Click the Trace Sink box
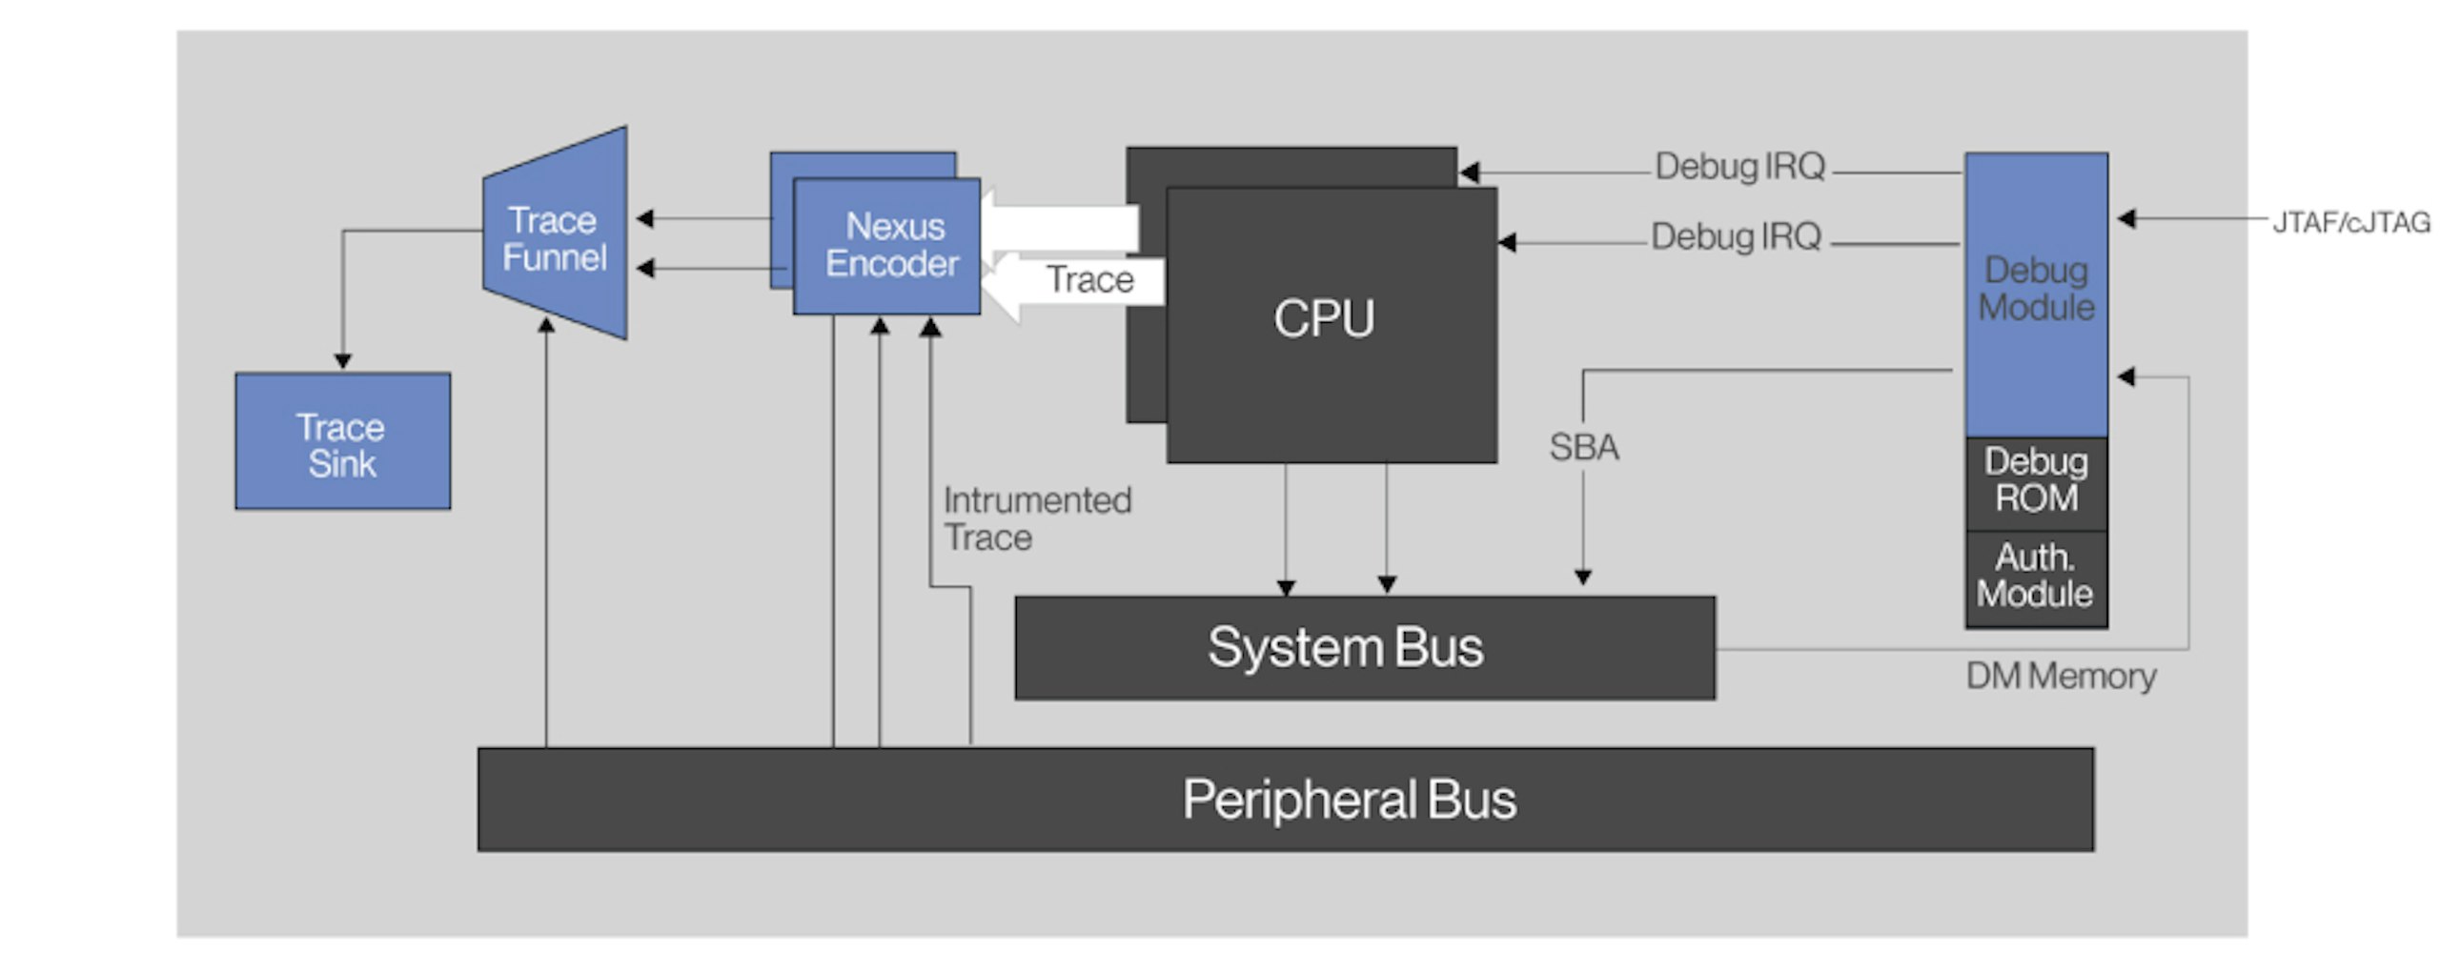(x=342, y=441)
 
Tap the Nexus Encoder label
(x=893, y=245)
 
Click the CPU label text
(x=1324, y=318)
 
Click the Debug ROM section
(x=2036, y=481)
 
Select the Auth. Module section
(x=2036, y=577)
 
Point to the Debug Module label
(x=2036, y=289)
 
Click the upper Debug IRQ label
(x=1739, y=167)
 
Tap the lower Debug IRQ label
(x=1736, y=236)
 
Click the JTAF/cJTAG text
(x=2350, y=223)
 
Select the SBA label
(x=1583, y=447)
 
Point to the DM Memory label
(x=2061, y=677)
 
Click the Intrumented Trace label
(x=1036, y=519)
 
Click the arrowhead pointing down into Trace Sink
(x=343, y=361)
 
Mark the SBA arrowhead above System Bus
(x=1583, y=577)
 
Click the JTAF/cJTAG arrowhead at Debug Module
(x=2126, y=219)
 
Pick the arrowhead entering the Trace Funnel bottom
(x=546, y=325)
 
